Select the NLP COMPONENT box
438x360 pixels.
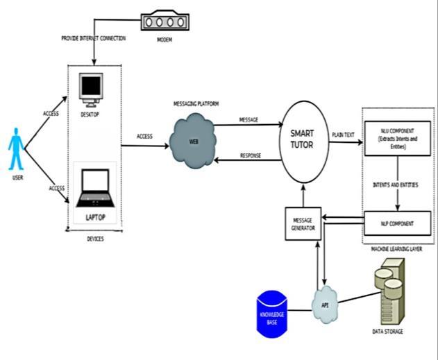pos(398,224)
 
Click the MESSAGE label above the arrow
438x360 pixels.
pos(249,120)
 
